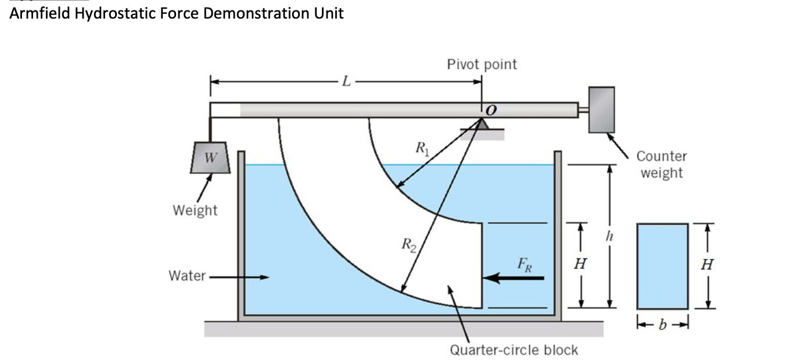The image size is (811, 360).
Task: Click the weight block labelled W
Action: coord(208,157)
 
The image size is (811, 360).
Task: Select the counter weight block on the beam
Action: coord(601,110)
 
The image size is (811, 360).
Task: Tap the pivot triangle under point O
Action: coord(483,125)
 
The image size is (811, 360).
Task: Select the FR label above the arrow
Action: coord(523,265)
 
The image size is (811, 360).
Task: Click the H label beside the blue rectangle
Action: coord(706,265)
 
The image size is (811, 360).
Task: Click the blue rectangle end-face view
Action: coord(663,265)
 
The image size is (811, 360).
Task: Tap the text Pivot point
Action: coord(482,64)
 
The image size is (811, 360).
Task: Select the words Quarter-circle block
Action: coord(514,350)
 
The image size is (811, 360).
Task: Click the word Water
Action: coord(187,276)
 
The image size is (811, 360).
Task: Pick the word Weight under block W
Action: coord(195,210)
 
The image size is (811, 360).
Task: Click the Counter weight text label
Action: coord(661,164)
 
